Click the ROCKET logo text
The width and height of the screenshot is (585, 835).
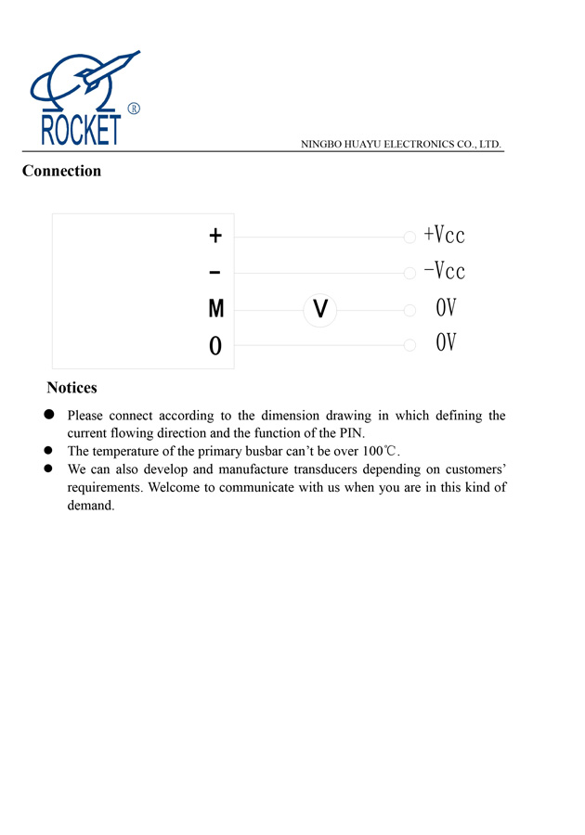pyautogui.click(x=81, y=130)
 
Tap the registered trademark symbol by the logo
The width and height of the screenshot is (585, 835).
pyautogui.click(x=133, y=109)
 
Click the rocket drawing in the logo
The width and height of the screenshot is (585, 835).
pyautogui.click(x=110, y=69)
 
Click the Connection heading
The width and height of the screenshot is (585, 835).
pyautogui.click(x=61, y=171)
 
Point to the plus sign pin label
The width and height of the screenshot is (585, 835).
pyautogui.click(x=215, y=237)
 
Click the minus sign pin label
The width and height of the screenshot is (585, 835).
pyautogui.click(x=215, y=273)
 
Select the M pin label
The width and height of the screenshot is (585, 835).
pyautogui.click(x=215, y=309)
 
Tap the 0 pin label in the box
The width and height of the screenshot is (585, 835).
pyautogui.click(x=215, y=346)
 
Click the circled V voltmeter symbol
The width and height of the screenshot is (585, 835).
pyautogui.click(x=319, y=309)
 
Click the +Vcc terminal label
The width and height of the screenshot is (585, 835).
pyautogui.click(x=444, y=236)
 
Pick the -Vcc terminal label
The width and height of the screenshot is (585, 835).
pyautogui.click(x=444, y=272)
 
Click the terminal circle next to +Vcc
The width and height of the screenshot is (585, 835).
pyautogui.click(x=409, y=238)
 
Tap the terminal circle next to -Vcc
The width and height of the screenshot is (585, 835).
pyautogui.click(x=409, y=274)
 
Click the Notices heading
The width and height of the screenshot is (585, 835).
pyautogui.click(x=71, y=388)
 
